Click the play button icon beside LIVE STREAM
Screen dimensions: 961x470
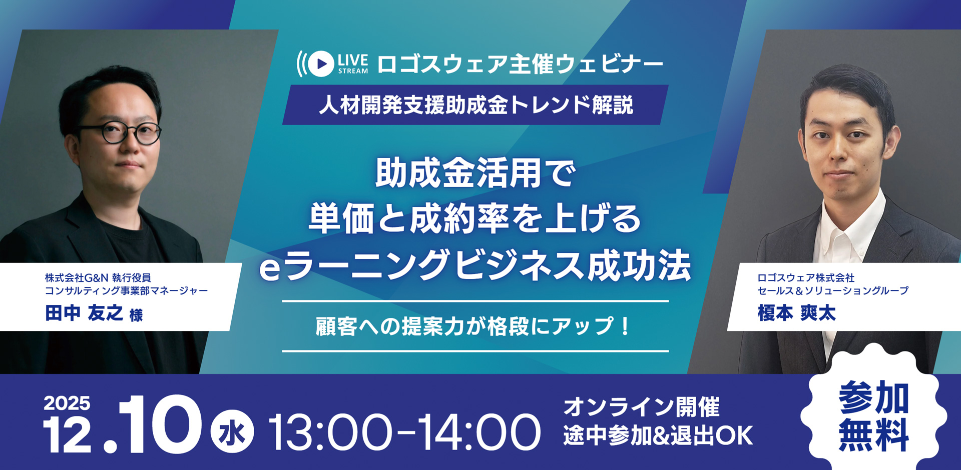tap(321, 63)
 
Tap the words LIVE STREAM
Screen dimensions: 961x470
tap(353, 64)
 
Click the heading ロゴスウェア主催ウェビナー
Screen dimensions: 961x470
tap(520, 64)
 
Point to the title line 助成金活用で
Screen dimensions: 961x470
tap(475, 173)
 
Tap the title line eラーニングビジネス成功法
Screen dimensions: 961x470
tap(475, 265)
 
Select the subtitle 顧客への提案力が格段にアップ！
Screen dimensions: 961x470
tap(473, 326)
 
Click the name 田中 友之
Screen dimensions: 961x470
tap(84, 313)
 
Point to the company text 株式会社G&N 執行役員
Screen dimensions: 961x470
tap(98, 277)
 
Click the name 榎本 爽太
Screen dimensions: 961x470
tap(796, 313)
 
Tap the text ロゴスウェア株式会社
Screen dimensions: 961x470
tap(806, 277)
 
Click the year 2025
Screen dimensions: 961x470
tap(67, 403)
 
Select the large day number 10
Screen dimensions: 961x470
tap(160, 425)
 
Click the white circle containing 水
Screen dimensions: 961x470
tap(232, 431)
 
